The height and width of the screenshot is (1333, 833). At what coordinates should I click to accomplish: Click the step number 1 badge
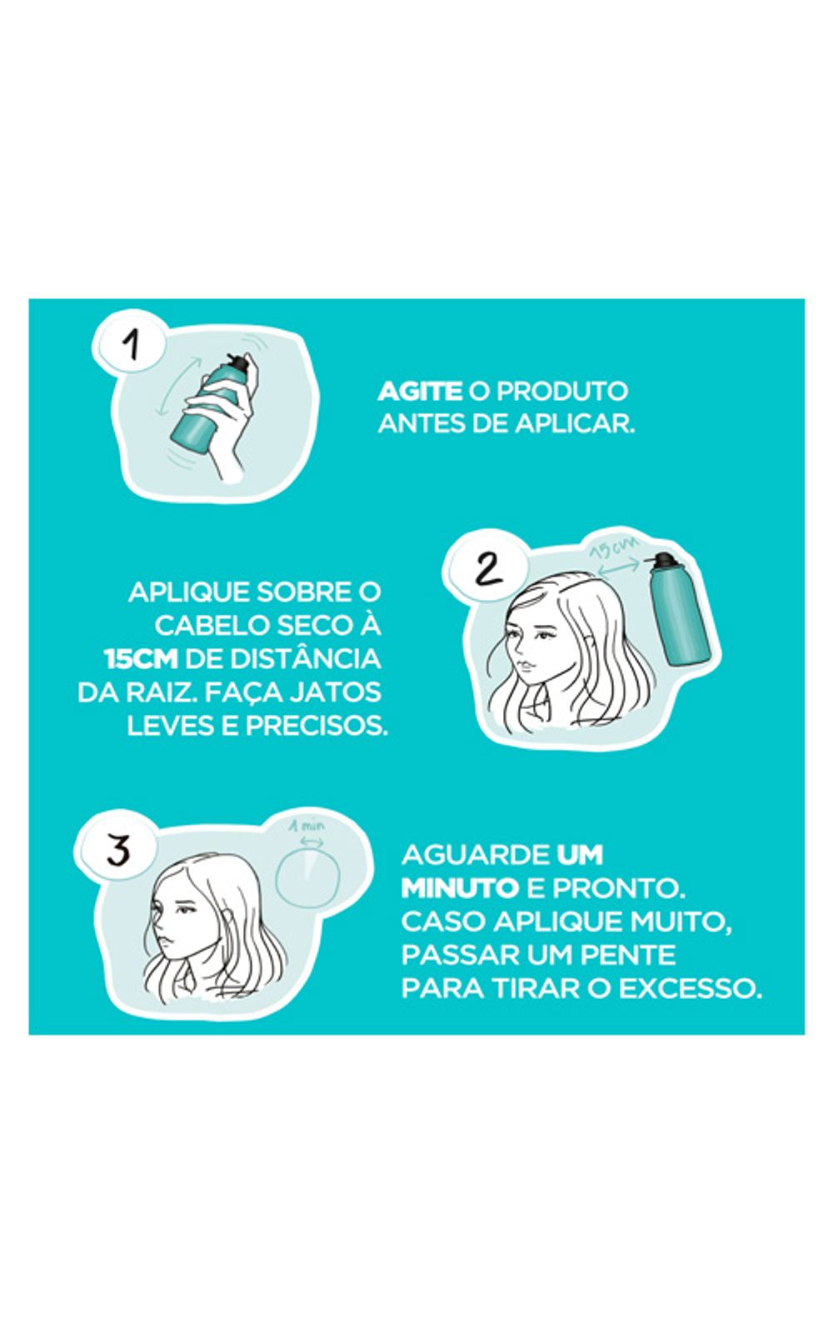(130, 343)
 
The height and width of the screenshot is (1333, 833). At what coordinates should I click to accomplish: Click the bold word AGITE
(420, 392)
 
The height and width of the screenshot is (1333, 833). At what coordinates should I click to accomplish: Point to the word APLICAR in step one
(575, 424)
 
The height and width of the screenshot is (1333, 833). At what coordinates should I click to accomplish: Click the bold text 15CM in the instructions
(141, 659)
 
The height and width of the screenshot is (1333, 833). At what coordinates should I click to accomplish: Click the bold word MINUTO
(459, 888)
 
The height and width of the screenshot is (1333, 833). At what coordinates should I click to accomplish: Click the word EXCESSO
(691, 989)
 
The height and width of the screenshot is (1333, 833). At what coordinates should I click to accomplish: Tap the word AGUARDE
(475, 855)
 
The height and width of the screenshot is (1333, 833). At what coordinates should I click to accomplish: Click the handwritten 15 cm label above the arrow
(614, 547)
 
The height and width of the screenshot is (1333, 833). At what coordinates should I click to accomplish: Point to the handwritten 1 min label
(307, 826)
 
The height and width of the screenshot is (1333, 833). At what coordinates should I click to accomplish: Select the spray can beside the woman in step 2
(680, 610)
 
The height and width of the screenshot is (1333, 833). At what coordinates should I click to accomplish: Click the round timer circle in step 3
(307, 878)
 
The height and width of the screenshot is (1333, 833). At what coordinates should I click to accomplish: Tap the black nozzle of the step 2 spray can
(662, 560)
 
